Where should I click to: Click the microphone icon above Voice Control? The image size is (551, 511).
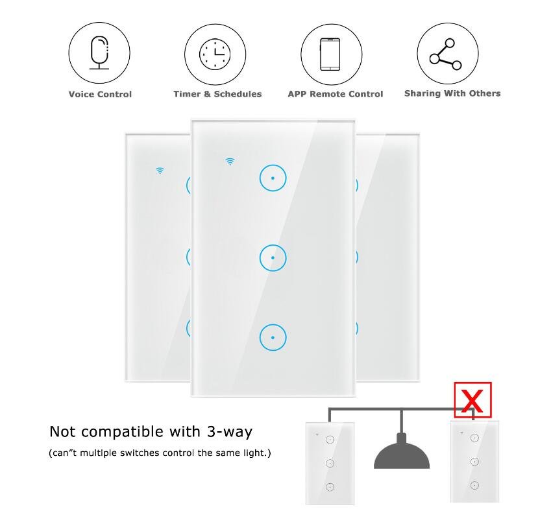(99, 53)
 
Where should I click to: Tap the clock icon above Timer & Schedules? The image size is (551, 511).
(215, 54)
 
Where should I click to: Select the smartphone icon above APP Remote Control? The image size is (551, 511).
(330, 54)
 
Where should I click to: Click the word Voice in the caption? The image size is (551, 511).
(82, 94)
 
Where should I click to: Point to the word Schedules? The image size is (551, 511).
(238, 94)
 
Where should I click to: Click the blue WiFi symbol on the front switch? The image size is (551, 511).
(230, 161)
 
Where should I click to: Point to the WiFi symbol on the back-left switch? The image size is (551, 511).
(160, 171)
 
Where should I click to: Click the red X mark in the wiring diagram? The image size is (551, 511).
(472, 401)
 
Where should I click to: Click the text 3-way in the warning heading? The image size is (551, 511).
(230, 432)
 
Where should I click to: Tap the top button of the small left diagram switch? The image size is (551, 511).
(330, 440)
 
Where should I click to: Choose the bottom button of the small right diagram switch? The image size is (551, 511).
(474, 486)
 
